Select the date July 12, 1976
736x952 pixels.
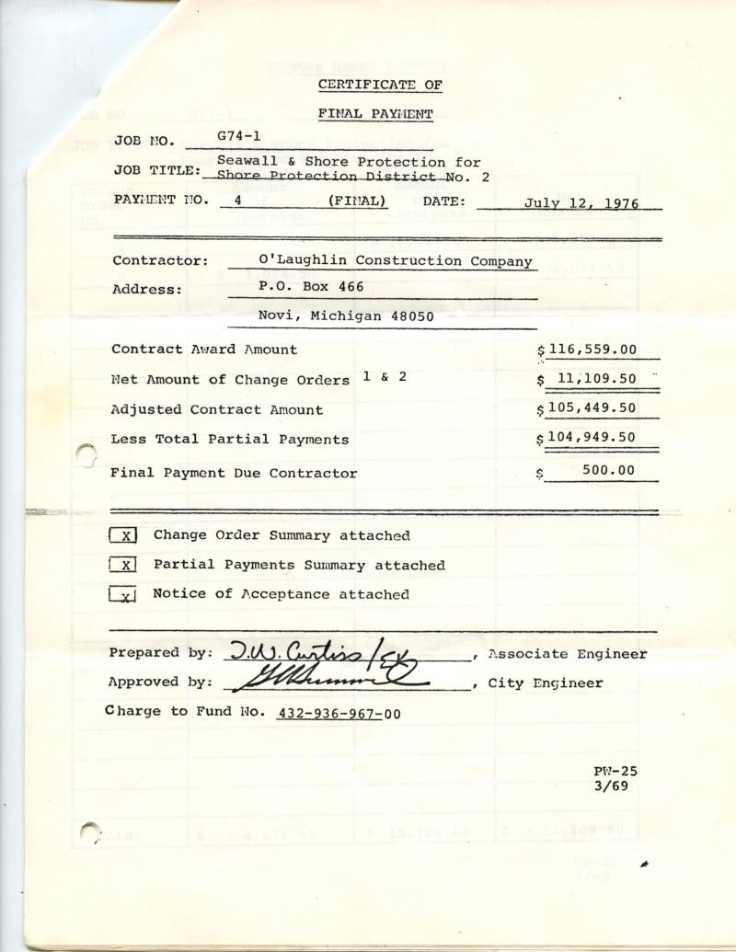click(x=581, y=203)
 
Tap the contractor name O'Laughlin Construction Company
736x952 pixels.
click(x=396, y=261)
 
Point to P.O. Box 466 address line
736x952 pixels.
click(x=311, y=287)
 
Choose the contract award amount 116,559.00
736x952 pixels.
click(x=591, y=350)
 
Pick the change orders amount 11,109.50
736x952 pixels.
click(x=596, y=378)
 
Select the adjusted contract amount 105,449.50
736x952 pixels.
click(x=591, y=408)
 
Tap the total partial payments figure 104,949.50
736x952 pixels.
click(x=591, y=437)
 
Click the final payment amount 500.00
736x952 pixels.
click(x=608, y=470)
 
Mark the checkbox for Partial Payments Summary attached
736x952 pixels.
click(x=123, y=566)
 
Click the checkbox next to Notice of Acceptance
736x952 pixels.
click(x=123, y=595)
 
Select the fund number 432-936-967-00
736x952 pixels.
click(x=338, y=713)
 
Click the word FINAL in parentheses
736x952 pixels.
click(x=357, y=201)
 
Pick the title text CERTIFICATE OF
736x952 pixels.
click(x=380, y=86)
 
